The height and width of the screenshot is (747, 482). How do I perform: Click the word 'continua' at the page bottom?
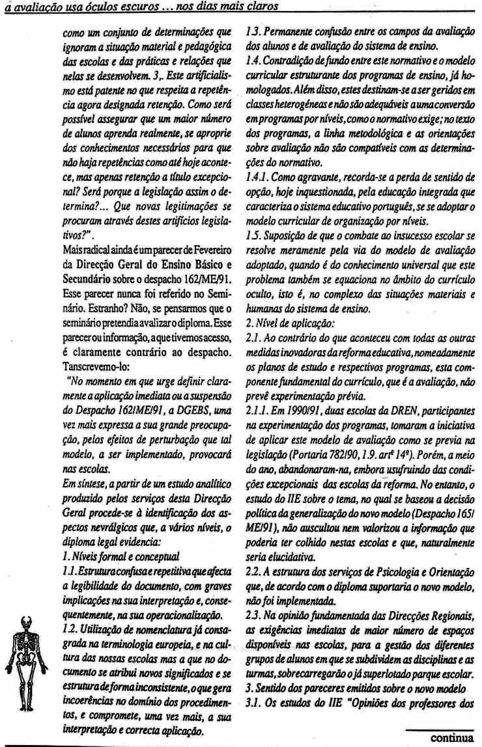point(451,737)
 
